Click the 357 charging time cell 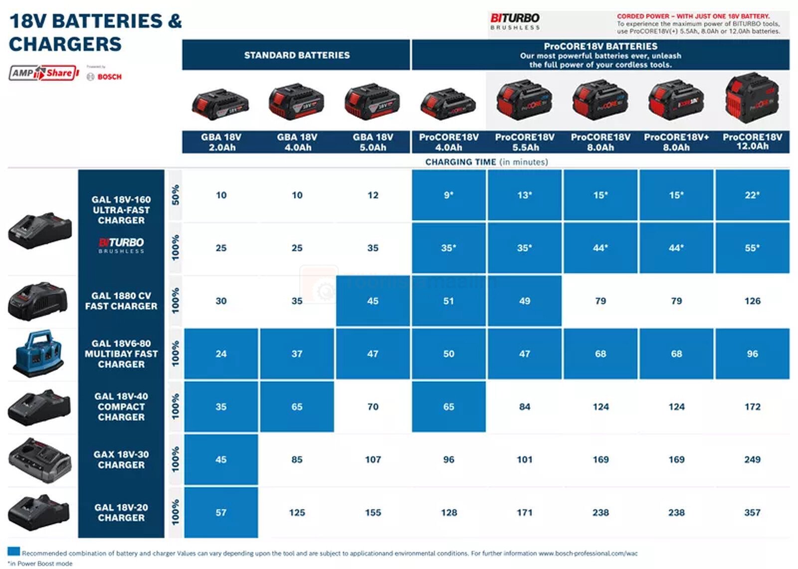click(x=752, y=512)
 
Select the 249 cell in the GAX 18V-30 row click(x=752, y=459)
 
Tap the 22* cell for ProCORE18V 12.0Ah click(x=752, y=195)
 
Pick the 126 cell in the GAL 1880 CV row click(x=752, y=301)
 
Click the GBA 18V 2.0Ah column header click(x=221, y=142)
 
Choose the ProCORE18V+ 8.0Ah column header click(x=676, y=142)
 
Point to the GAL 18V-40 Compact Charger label click(x=121, y=407)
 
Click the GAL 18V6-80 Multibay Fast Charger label click(x=121, y=354)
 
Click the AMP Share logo click(x=44, y=73)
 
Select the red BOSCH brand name click(x=109, y=77)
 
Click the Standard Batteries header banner click(x=296, y=55)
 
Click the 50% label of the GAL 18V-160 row click(x=175, y=195)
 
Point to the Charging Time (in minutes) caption click(x=486, y=162)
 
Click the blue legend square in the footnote click(x=14, y=551)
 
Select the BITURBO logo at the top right click(x=515, y=21)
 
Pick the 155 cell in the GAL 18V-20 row click(x=373, y=512)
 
